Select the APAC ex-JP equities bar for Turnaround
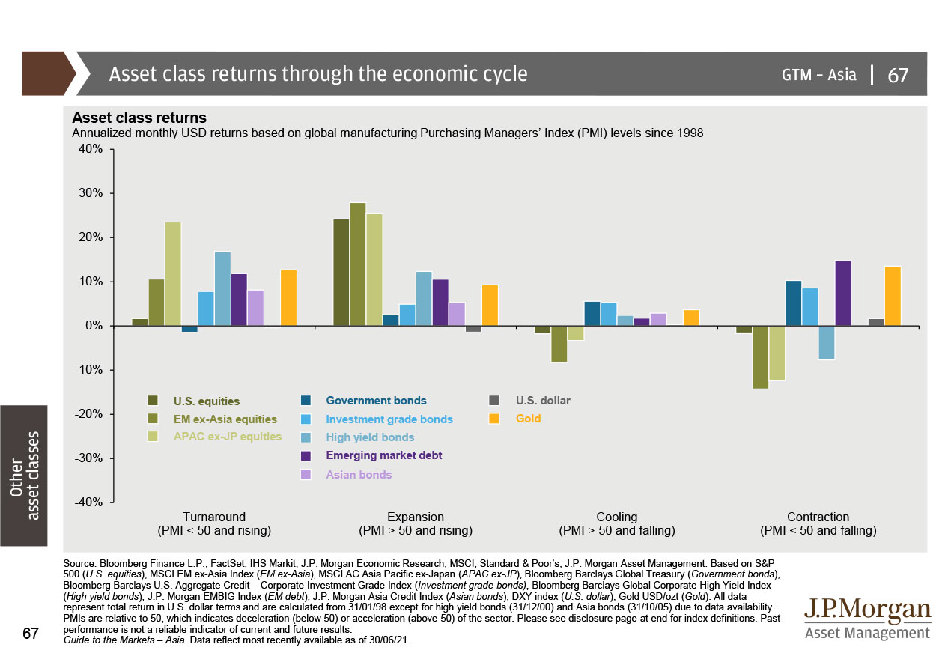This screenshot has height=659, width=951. (x=173, y=274)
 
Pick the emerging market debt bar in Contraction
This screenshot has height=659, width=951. (x=842, y=293)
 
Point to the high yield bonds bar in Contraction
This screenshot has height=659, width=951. (x=826, y=343)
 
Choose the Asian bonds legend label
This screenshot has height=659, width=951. (x=359, y=474)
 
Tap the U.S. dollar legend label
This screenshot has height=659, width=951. (x=543, y=401)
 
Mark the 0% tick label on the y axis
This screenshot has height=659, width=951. (x=94, y=326)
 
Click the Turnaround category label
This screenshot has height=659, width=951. (x=214, y=517)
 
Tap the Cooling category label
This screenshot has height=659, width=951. (x=617, y=517)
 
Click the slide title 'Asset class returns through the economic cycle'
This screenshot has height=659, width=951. (x=318, y=74)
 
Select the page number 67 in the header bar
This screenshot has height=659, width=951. (x=898, y=75)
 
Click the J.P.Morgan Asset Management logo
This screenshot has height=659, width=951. (x=866, y=619)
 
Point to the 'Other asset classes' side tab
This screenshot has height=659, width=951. (x=24, y=475)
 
